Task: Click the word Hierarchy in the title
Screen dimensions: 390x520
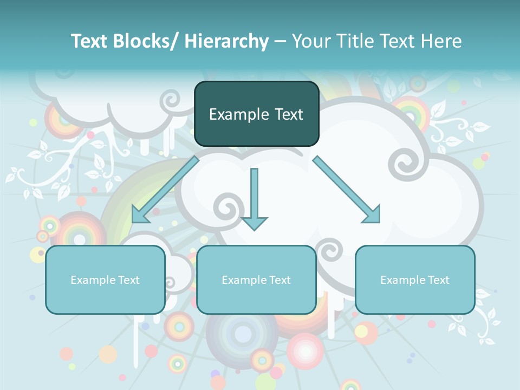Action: [226, 41]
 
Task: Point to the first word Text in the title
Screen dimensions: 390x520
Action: [89, 41]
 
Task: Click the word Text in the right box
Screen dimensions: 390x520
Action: [438, 280]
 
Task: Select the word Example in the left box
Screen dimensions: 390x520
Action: [93, 280]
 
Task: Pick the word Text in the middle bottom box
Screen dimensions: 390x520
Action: [279, 280]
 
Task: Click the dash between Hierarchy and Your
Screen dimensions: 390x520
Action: [280, 41]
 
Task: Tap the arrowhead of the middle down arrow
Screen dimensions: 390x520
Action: [254, 223]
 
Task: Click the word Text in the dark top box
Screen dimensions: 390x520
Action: [289, 114]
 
